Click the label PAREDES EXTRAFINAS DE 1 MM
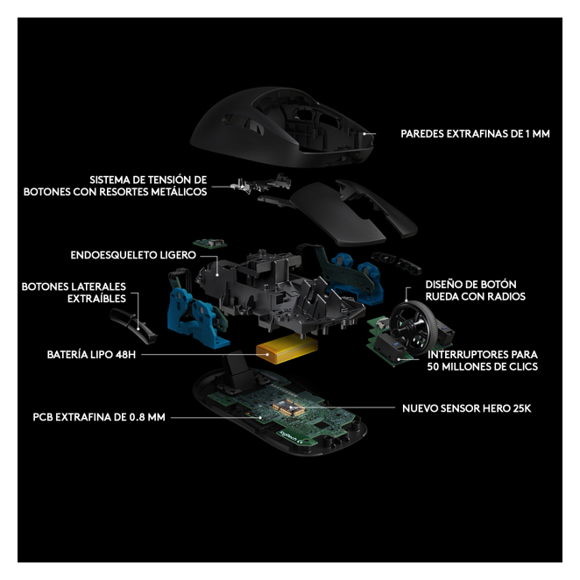475,133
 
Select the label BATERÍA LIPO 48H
91,354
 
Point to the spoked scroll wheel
414,324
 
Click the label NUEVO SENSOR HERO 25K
466,408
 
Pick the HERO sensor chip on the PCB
288,407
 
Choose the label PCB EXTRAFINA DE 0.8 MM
99,417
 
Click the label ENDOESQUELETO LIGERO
133,255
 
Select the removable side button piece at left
132,326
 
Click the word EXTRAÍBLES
96,298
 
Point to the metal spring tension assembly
261,183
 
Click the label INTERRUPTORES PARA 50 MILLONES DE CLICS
483,360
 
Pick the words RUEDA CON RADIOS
476,296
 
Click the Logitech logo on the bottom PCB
292,436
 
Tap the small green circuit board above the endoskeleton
209,243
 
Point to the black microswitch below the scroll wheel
390,348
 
